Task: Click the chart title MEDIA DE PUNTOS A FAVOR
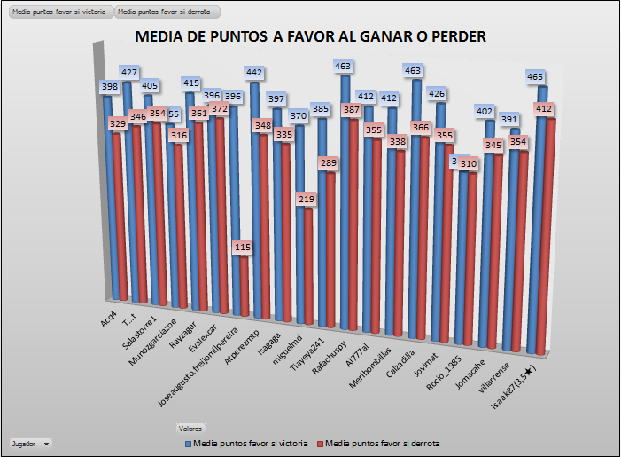click(x=310, y=36)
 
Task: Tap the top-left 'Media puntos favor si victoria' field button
click(x=58, y=13)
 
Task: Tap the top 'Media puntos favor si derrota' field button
click(x=167, y=13)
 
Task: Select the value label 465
click(x=537, y=78)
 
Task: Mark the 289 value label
click(x=330, y=163)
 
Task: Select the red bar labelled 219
click(x=307, y=266)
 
